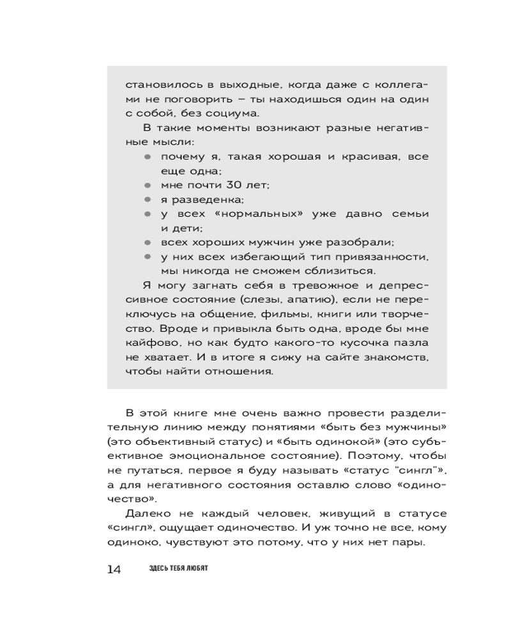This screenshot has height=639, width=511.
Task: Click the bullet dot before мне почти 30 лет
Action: pos(147,185)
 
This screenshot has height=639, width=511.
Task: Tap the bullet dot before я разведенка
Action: pos(147,199)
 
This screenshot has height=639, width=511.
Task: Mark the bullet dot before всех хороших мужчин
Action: pos(147,243)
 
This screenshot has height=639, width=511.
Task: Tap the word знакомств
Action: pos(395,357)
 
